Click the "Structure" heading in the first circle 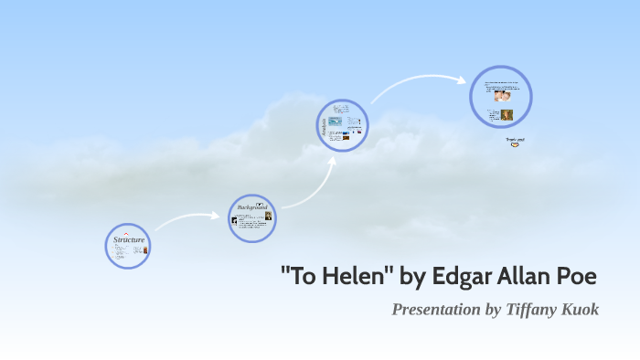(129, 239)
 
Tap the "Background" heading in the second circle (251, 207)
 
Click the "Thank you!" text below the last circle (516, 140)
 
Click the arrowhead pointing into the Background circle (218, 217)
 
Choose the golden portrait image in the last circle (507, 115)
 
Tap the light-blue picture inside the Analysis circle (336, 121)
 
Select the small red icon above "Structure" (126, 232)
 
